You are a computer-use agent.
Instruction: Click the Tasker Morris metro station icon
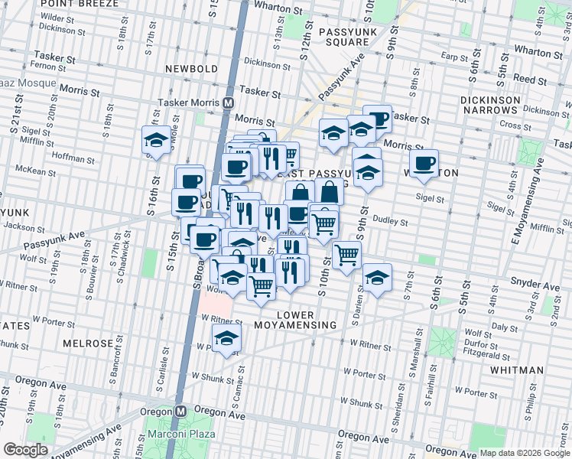(x=228, y=103)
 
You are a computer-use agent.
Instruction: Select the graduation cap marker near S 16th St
(x=156, y=141)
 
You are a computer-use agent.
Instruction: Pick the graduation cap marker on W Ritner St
(x=226, y=338)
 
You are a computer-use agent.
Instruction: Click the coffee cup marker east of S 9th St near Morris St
(x=424, y=164)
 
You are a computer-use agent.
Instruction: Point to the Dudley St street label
(x=392, y=222)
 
